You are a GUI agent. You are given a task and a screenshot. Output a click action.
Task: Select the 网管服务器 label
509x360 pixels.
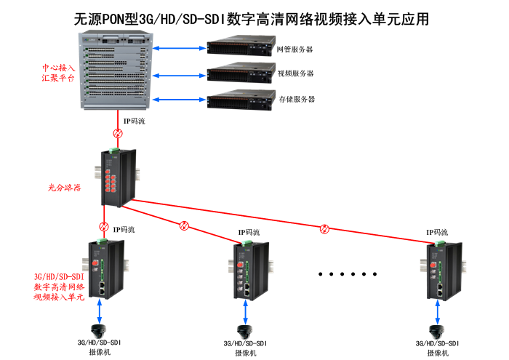[294, 50]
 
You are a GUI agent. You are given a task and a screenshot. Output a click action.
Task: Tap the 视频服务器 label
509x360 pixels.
[296, 73]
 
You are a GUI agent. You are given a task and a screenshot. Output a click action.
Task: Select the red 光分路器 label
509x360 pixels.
[64, 187]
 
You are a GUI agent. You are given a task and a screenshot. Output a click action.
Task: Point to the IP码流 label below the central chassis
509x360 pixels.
[134, 121]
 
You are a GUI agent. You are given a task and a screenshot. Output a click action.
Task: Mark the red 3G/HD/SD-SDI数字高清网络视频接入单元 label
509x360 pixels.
[59, 287]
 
